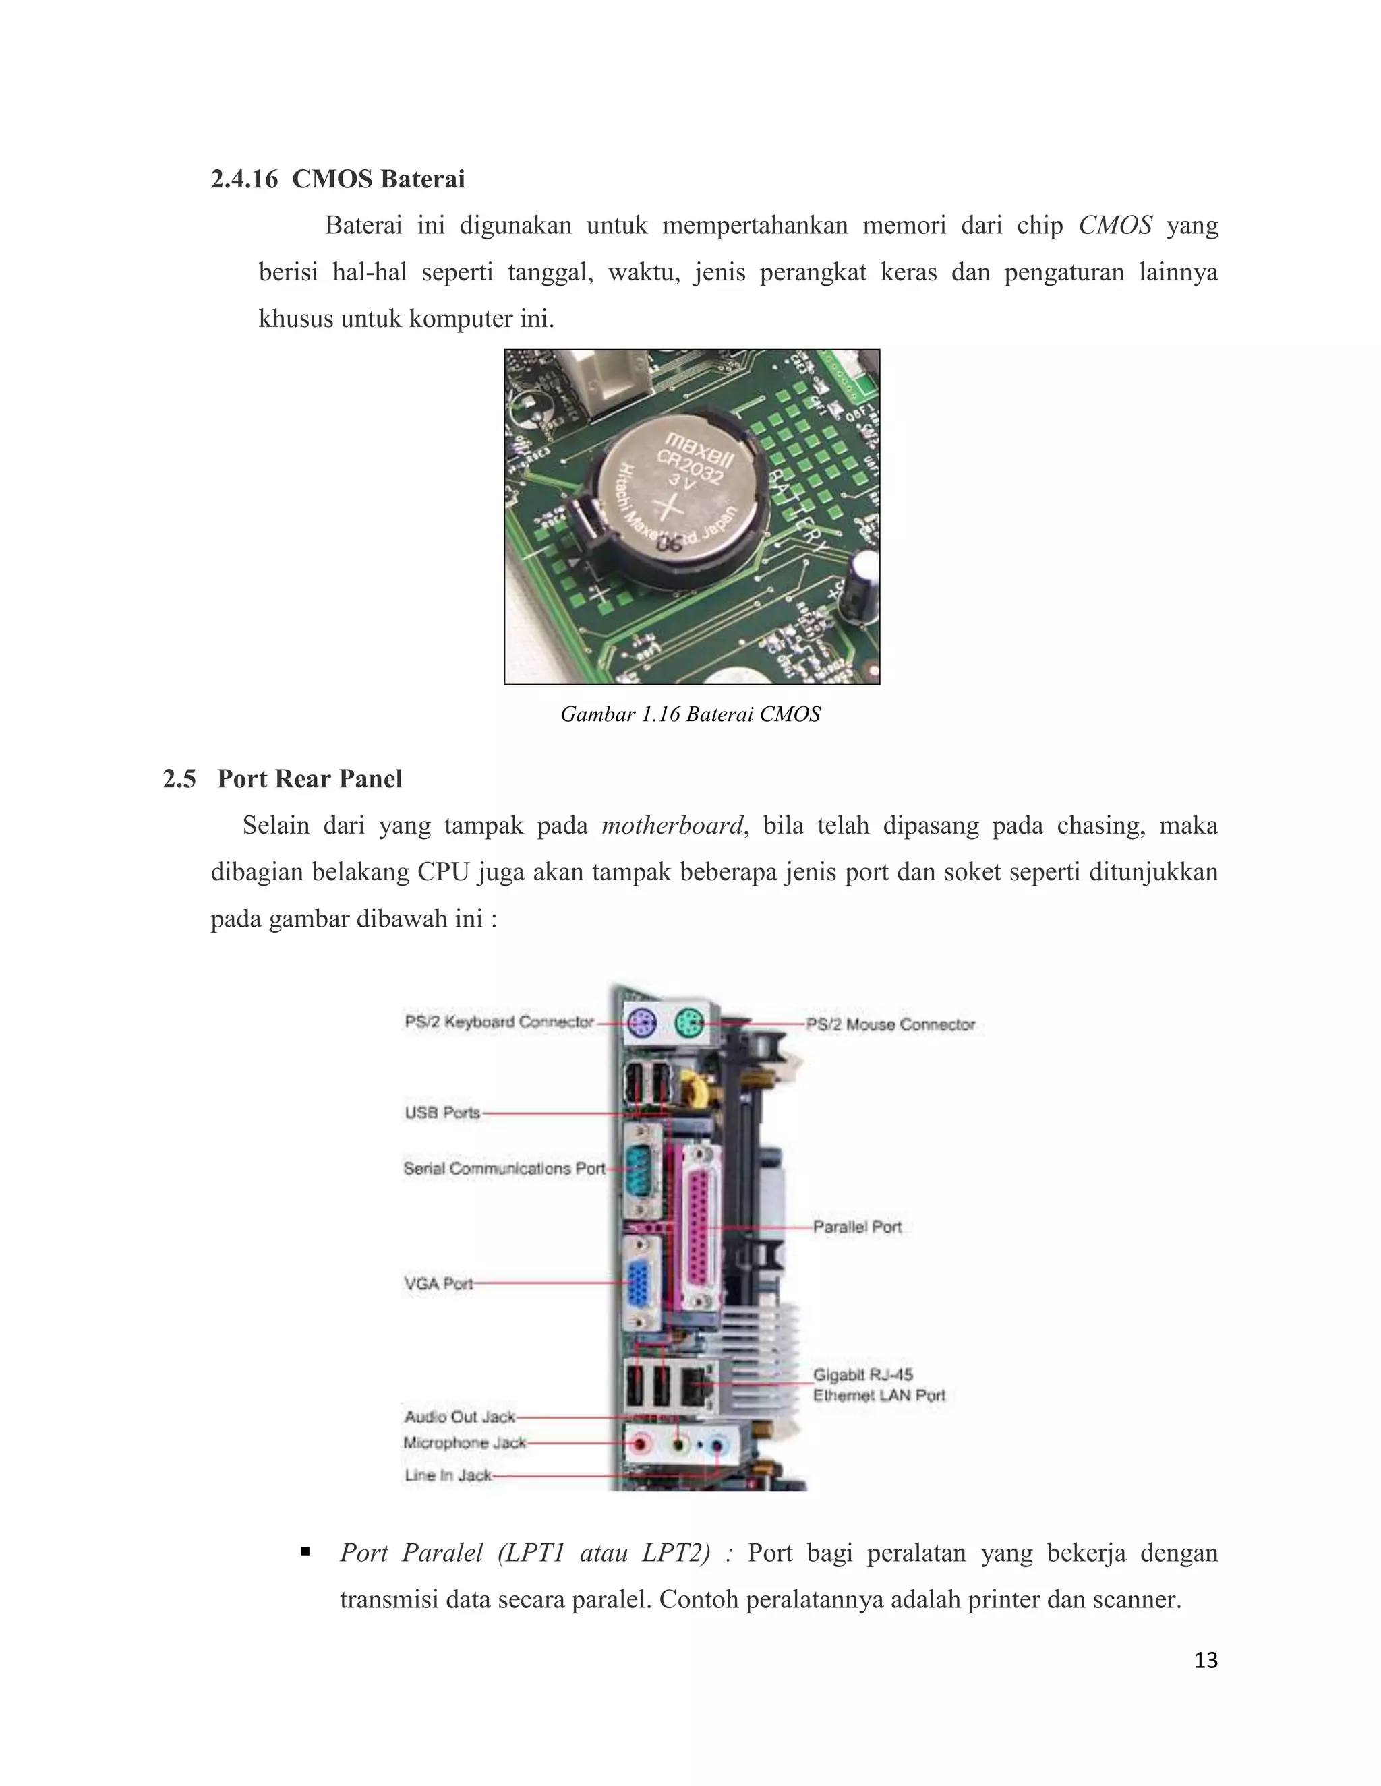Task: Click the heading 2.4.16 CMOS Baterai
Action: pos(337,179)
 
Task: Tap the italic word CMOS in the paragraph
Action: pos(1114,225)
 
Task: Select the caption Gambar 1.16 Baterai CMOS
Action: pos(690,714)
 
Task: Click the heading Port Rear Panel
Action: pos(310,778)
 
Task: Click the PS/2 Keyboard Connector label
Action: pos(499,1021)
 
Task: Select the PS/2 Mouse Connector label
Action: pos(890,1024)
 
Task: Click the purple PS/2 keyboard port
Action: pos(641,1021)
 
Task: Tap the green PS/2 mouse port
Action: pos(690,1020)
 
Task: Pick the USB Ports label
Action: pos(442,1112)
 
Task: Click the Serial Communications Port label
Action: pos(504,1169)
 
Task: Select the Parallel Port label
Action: pos(856,1227)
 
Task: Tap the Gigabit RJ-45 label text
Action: pos(862,1375)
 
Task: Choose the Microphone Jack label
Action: pos(464,1442)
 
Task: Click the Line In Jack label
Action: pos(448,1475)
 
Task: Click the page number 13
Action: pos(1205,1660)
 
